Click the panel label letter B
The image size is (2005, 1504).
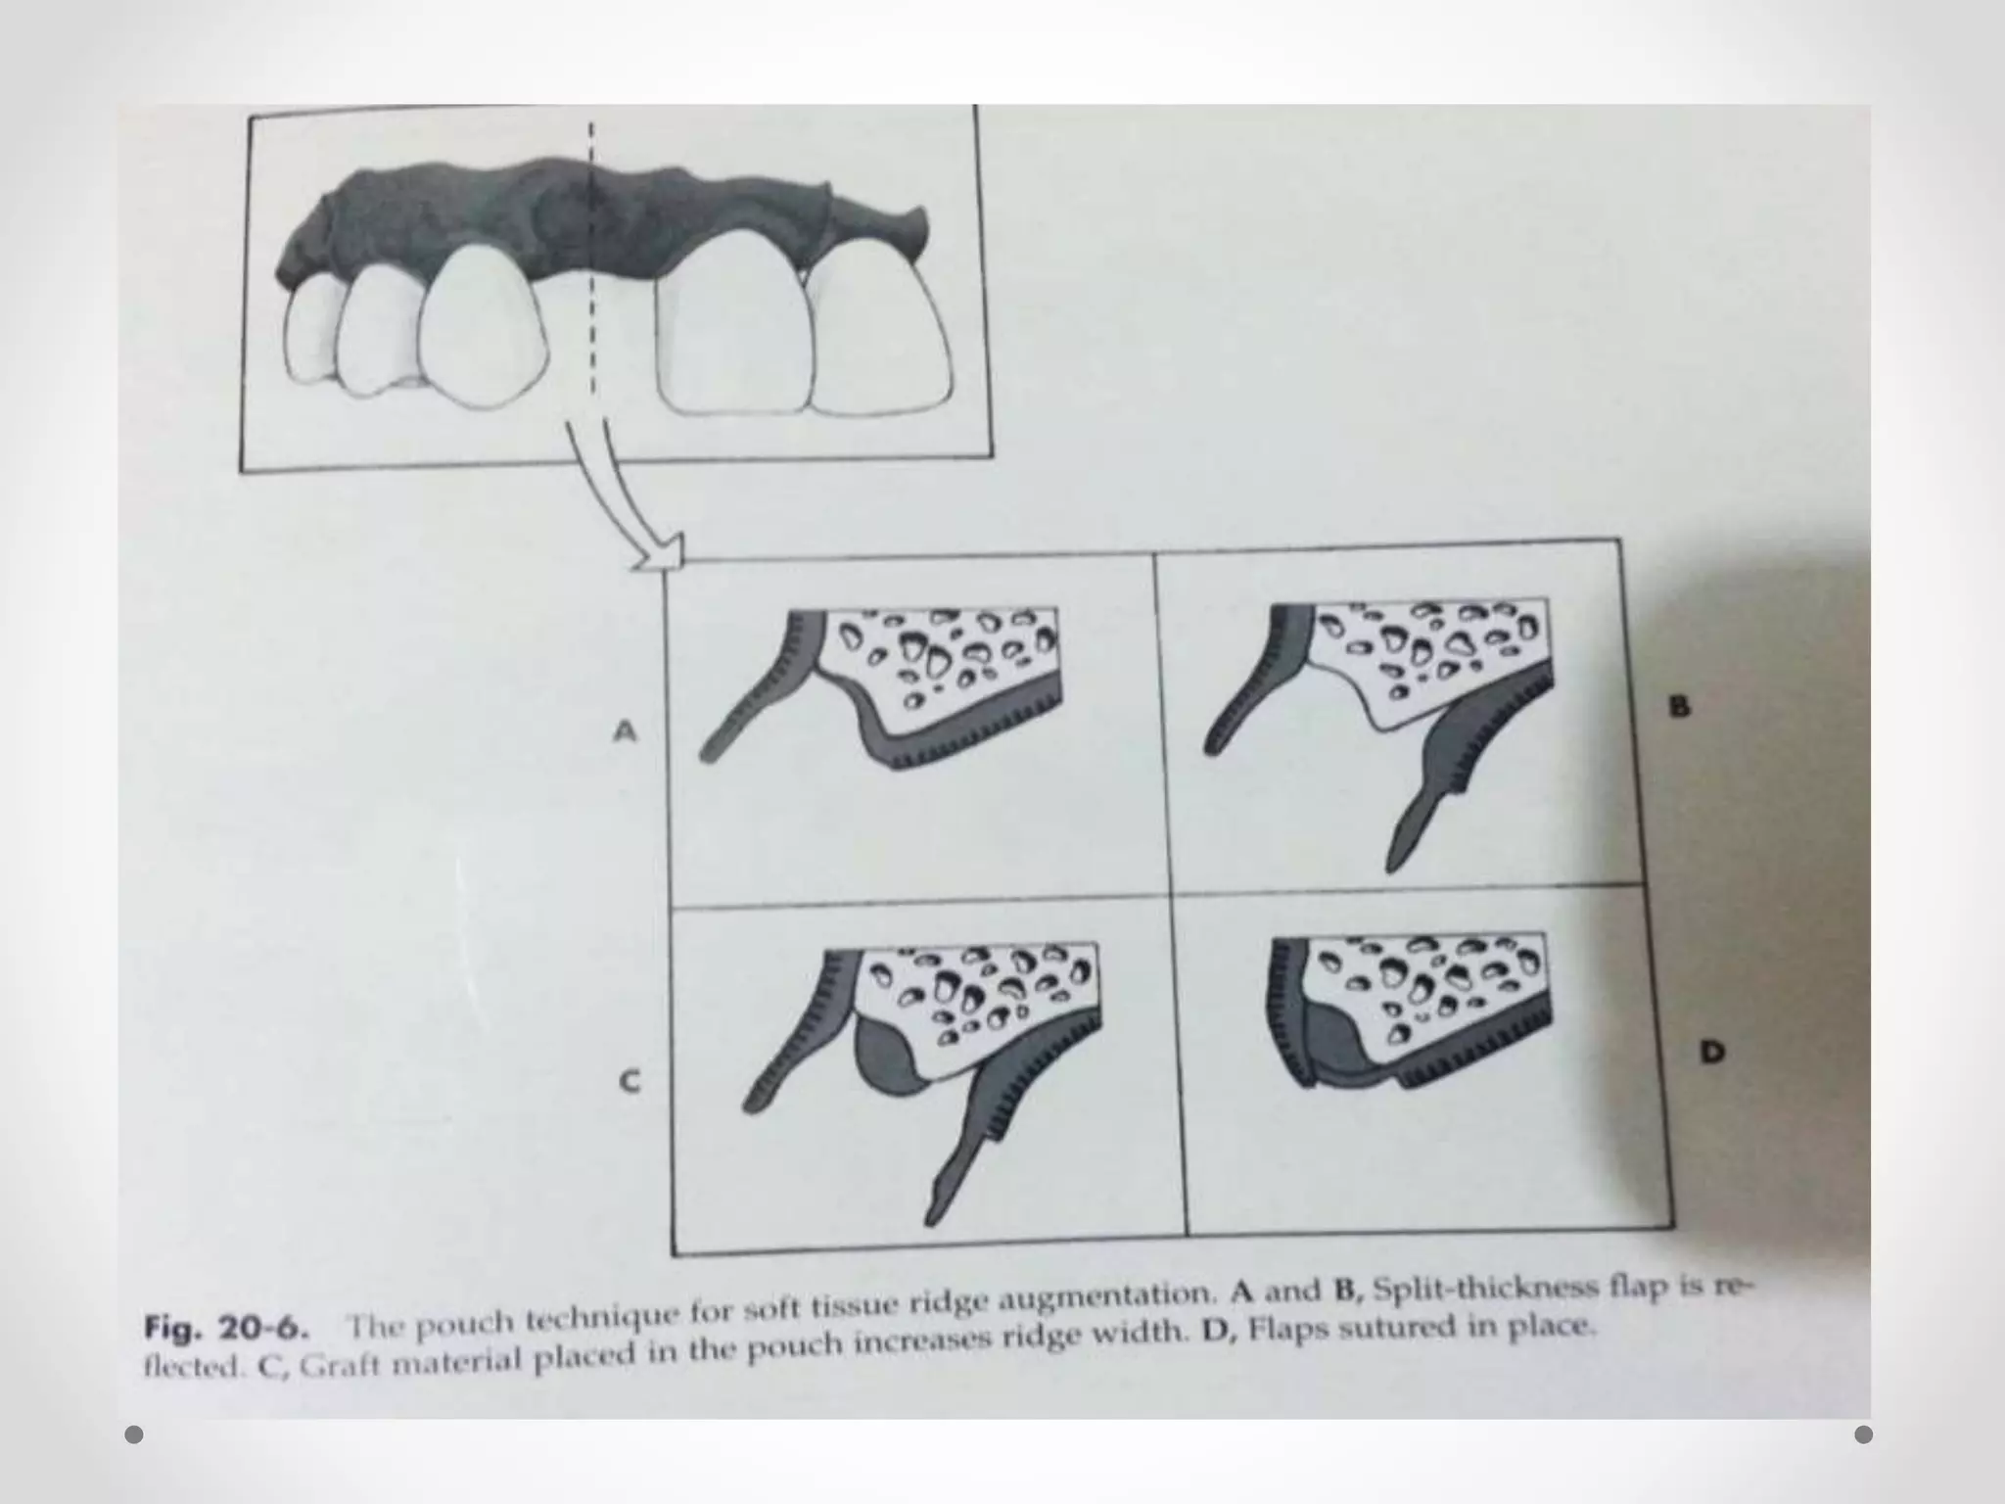pyautogui.click(x=1679, y=706)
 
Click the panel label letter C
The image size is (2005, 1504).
pyautogui.click(x=629, y=1081)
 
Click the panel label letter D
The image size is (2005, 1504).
pyautogui.click(x=1711, y=1053)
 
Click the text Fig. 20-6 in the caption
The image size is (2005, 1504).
pyautogui.click(x=227, y=1329)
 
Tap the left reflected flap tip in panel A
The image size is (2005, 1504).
pyautogui.click(x=711, y=749)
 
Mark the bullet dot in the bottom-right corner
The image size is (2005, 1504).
pyautogui.click(x=1864, y=1434)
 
